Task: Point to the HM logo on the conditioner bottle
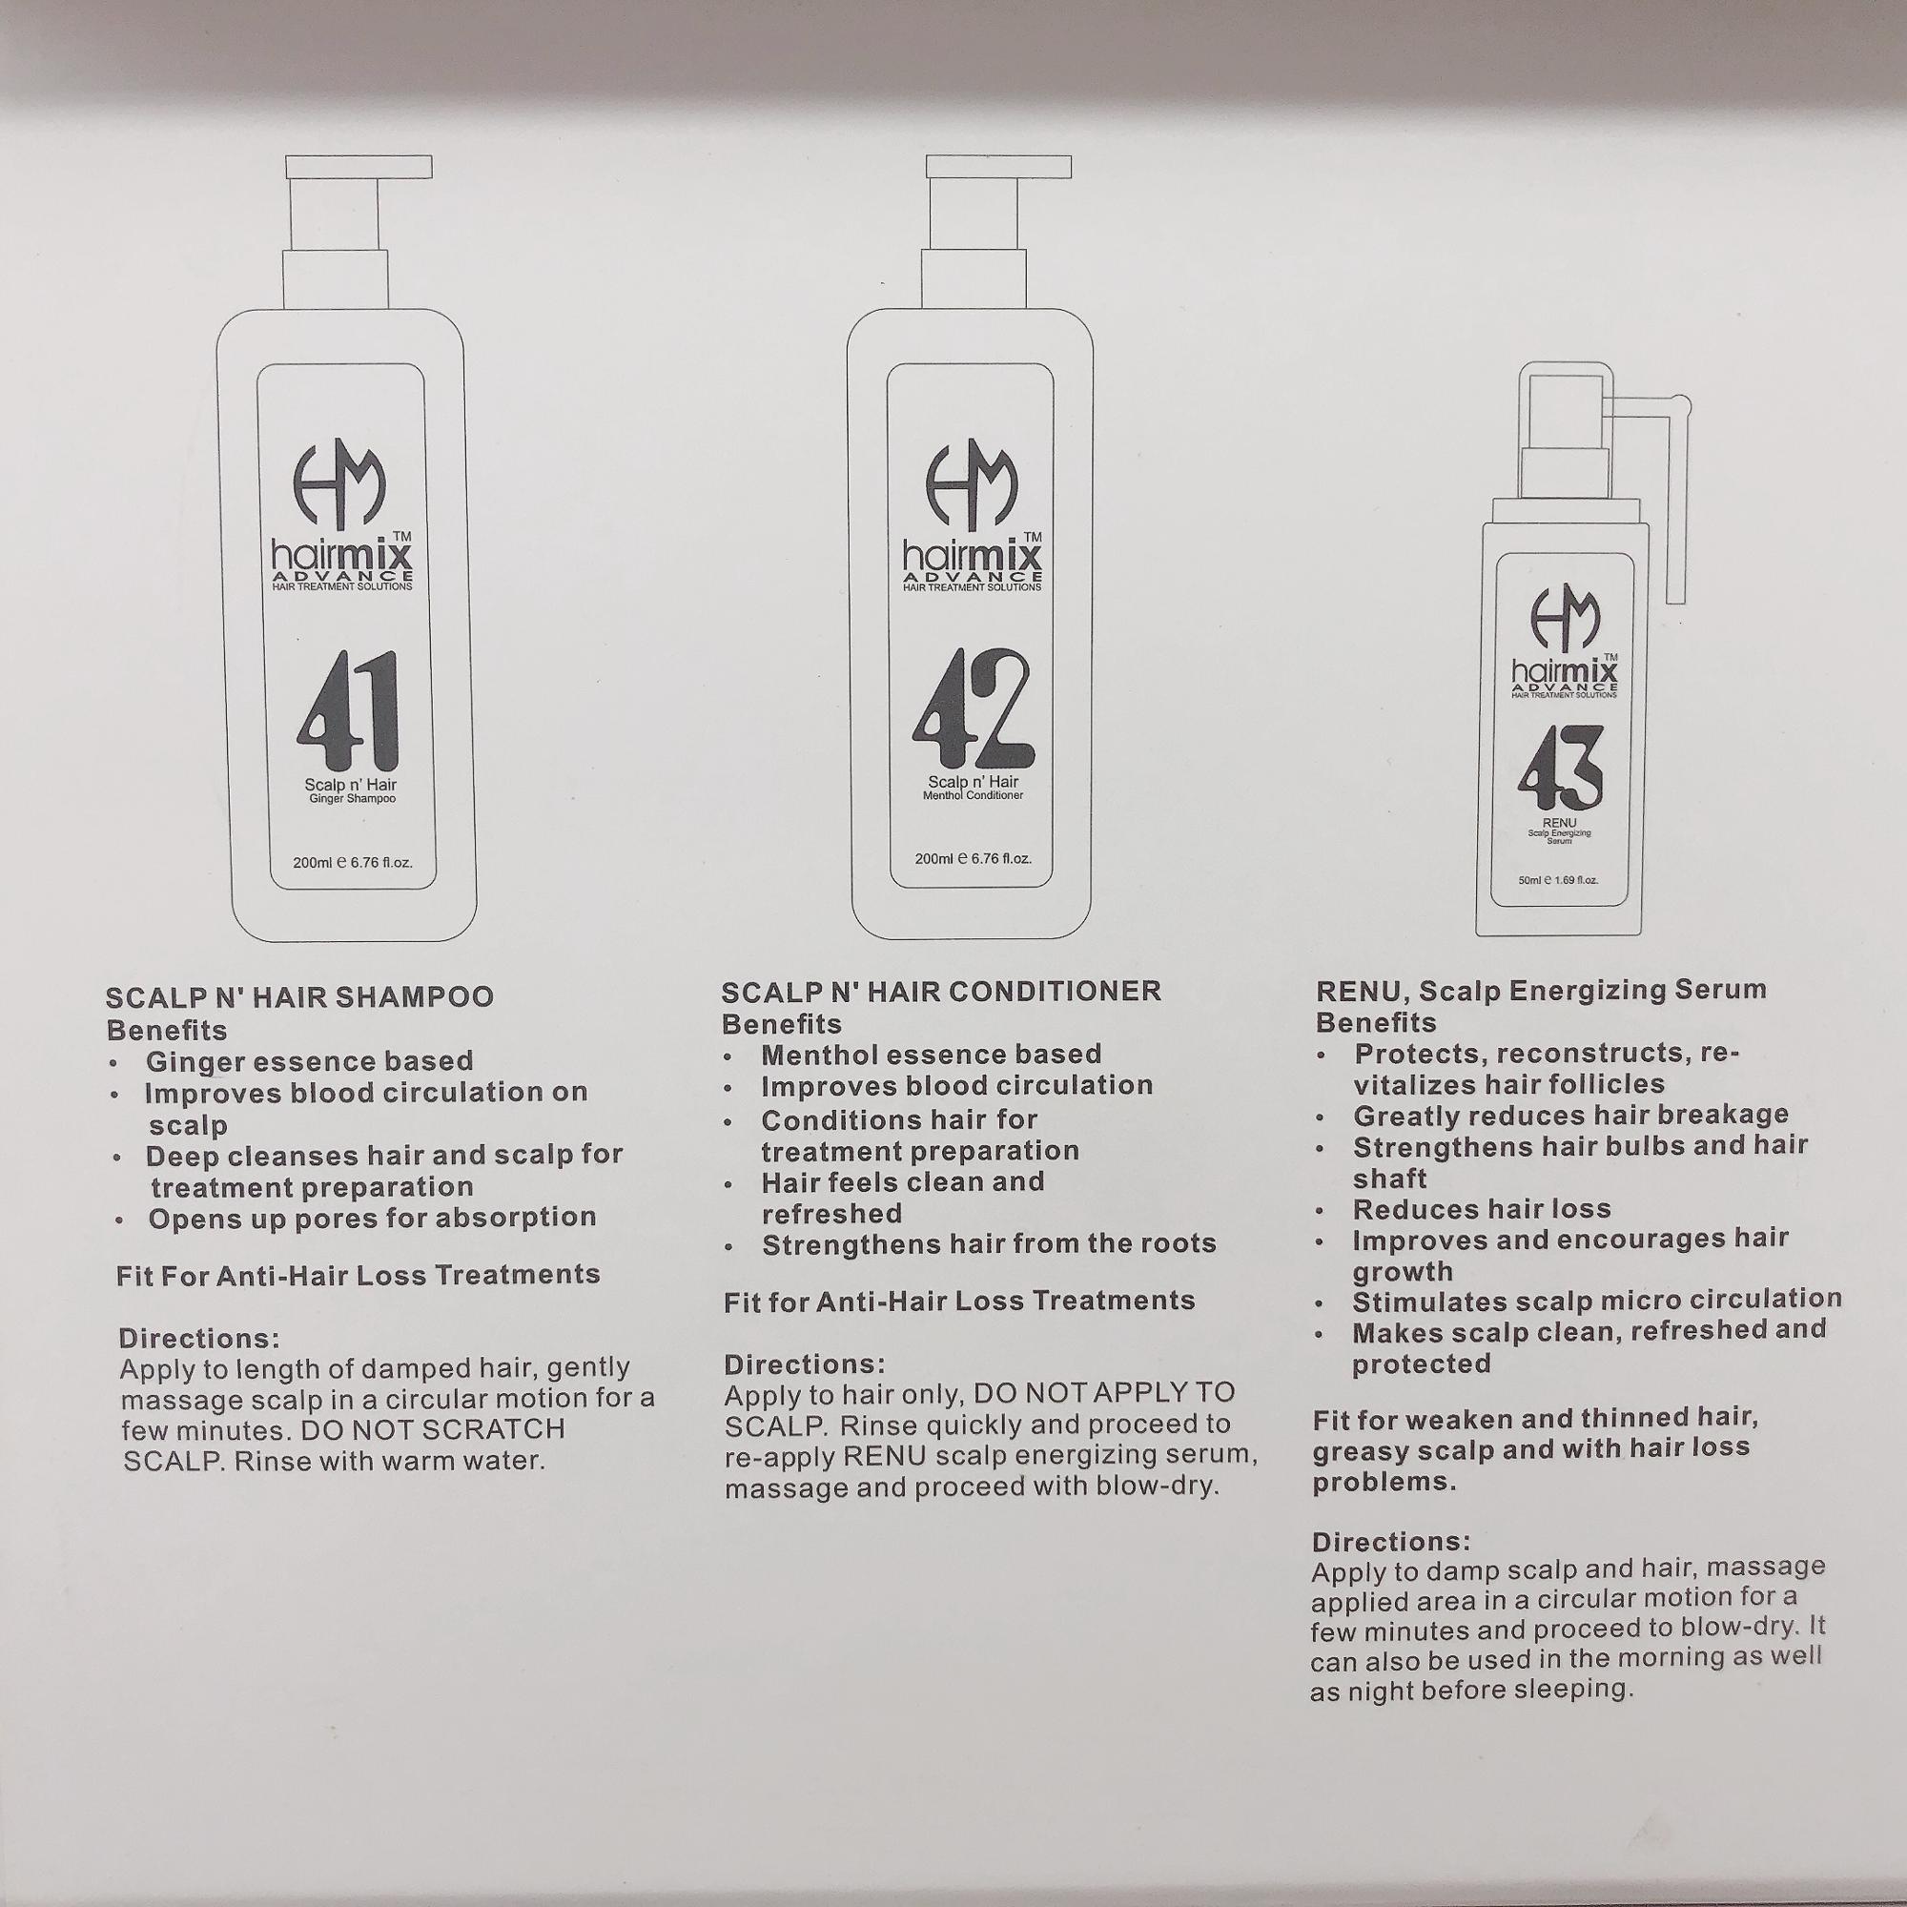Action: coord(972,483)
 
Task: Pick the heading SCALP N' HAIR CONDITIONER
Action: coord(942,991)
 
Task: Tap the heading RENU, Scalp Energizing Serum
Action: coord(1541,990)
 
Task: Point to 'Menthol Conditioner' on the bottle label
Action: coord(973,794)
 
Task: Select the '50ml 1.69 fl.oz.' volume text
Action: coord(1558,880)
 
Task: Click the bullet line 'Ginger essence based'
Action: coord(310,1061)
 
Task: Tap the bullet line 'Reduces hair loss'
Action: coord(1482,1209)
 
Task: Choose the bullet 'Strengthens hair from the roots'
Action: coord(989,1244)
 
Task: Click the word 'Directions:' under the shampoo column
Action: coord(199,1339)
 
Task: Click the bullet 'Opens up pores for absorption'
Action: coord(372,1218)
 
